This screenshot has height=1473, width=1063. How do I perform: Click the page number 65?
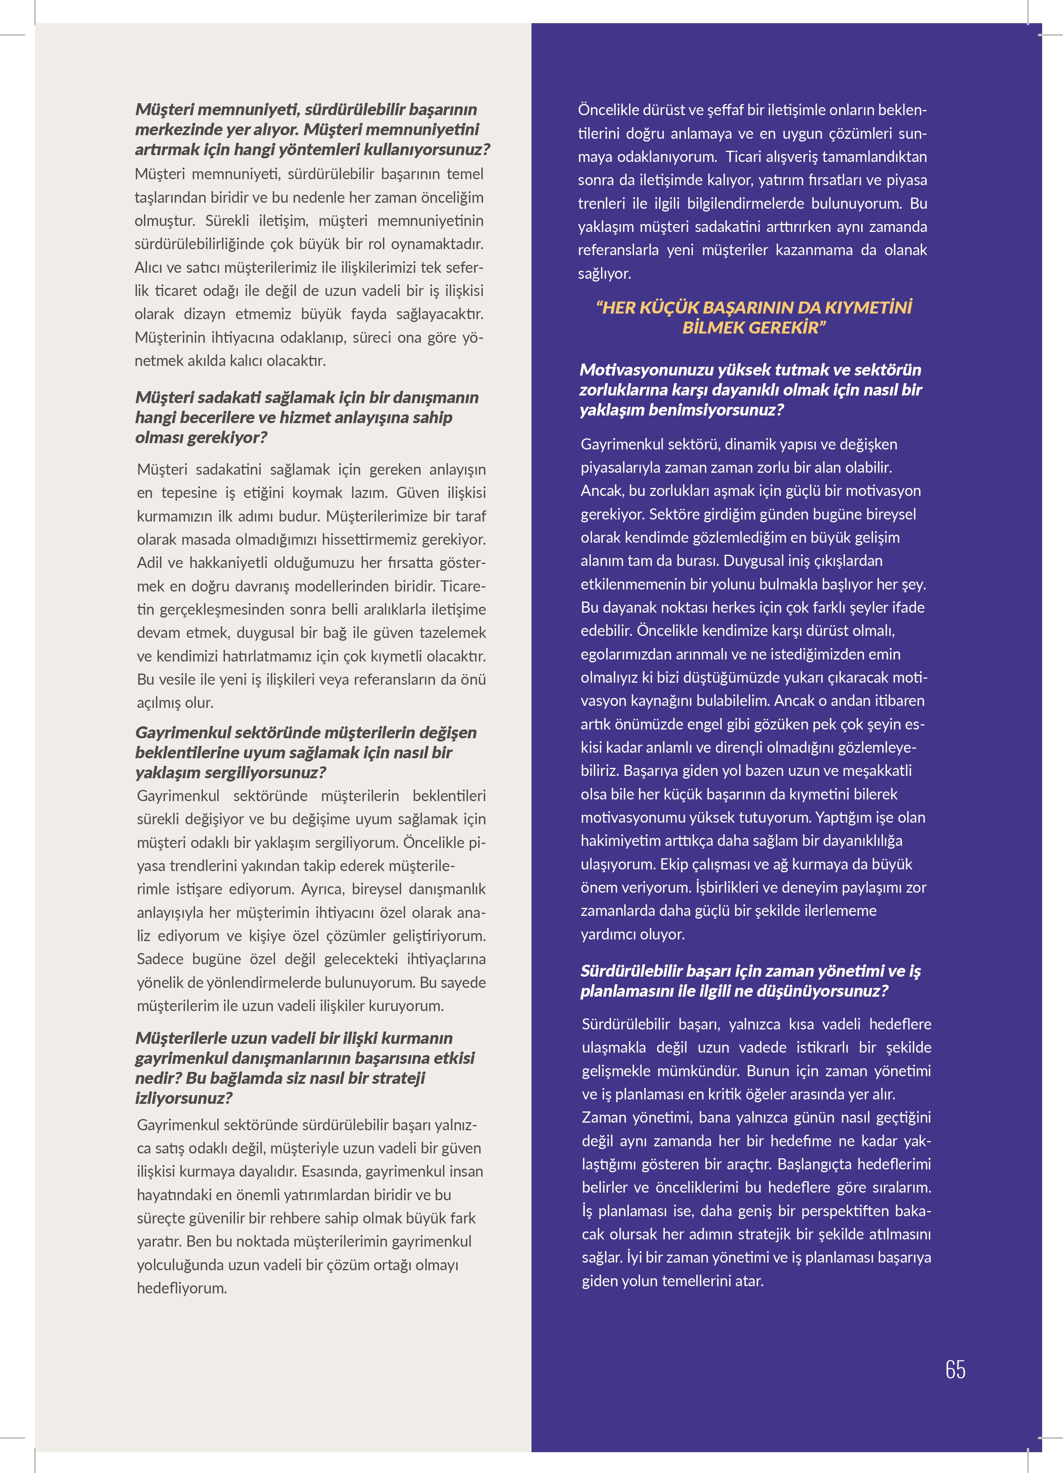click(x=955, y=1369)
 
